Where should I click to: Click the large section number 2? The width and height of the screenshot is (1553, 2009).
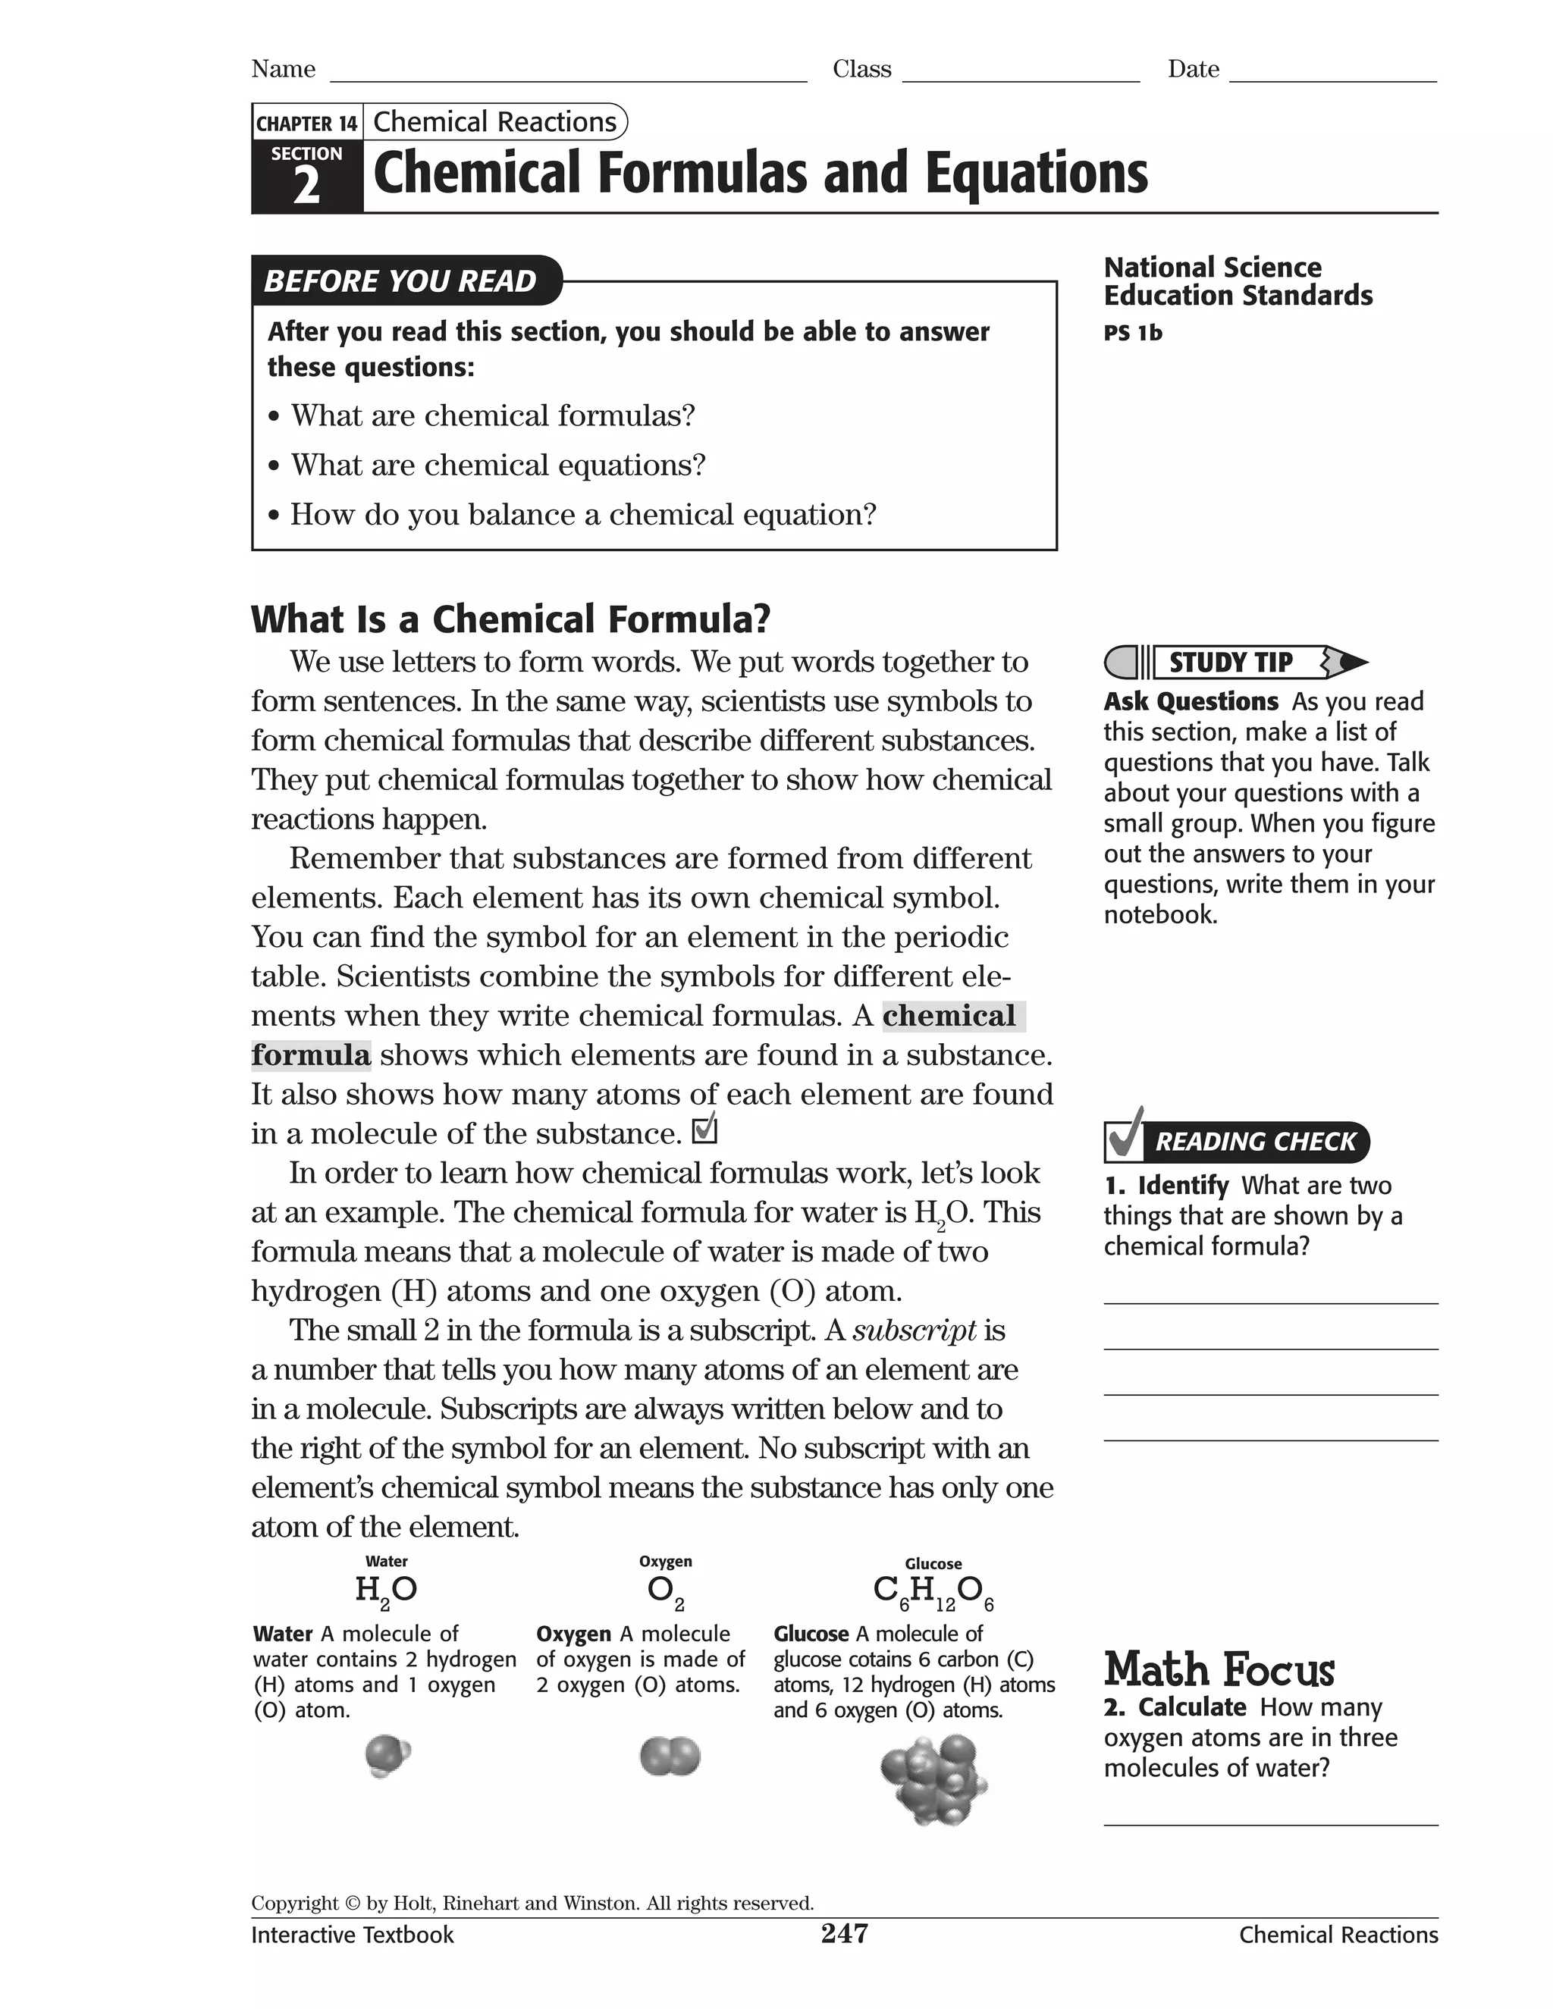click(306, 186)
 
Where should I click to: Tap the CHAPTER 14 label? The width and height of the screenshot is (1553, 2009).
click(306, 124)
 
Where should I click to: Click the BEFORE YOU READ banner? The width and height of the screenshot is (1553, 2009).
click(401, 281)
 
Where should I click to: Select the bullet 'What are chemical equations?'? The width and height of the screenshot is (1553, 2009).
click(497, 465)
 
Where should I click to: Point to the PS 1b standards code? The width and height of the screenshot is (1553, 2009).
click(1133, 333)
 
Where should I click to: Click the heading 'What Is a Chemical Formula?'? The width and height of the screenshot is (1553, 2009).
click(510, 619)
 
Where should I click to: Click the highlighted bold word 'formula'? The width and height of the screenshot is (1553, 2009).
click(311, 1055)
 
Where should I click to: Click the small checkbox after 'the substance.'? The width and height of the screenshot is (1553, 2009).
click(704, 1130)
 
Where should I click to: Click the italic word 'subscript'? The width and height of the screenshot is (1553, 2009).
click(915, 1330)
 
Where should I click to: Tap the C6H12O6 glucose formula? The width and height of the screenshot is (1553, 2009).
click(933, 1591)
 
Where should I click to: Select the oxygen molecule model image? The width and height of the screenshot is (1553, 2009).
click(669, 1757)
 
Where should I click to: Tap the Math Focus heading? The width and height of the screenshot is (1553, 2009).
click(1219, 1669)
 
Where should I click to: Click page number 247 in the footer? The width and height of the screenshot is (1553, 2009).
click(844, 1934)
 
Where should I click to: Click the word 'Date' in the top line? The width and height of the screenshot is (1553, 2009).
click(1194, 69)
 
